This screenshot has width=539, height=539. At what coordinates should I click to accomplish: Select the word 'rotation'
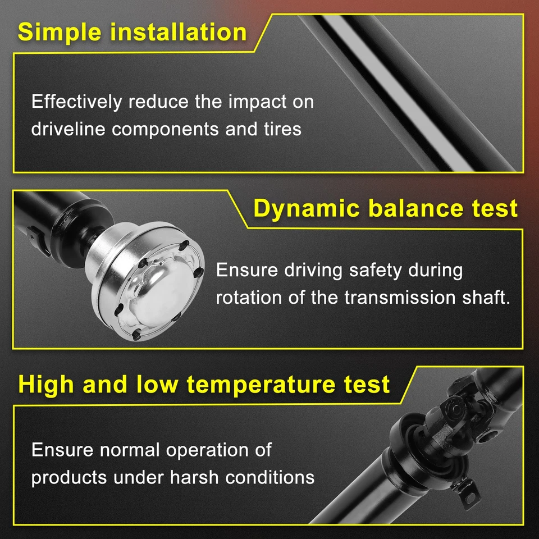pos(249,297)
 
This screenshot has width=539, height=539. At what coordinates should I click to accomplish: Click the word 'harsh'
pos(194,478)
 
